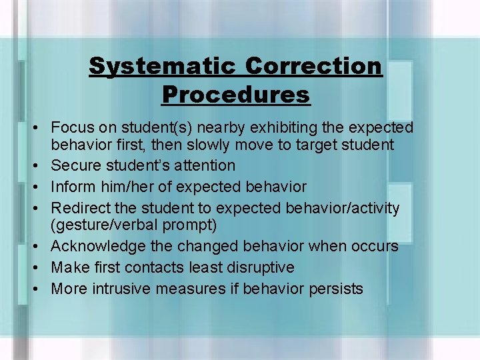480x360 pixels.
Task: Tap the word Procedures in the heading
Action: click(236, 95)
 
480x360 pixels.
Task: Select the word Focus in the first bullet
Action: click(71, 127)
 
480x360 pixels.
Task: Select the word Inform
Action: click(72, 187)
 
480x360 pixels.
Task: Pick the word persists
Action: click(333, 289)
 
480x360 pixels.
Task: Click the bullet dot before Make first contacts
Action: click(40, 267)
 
